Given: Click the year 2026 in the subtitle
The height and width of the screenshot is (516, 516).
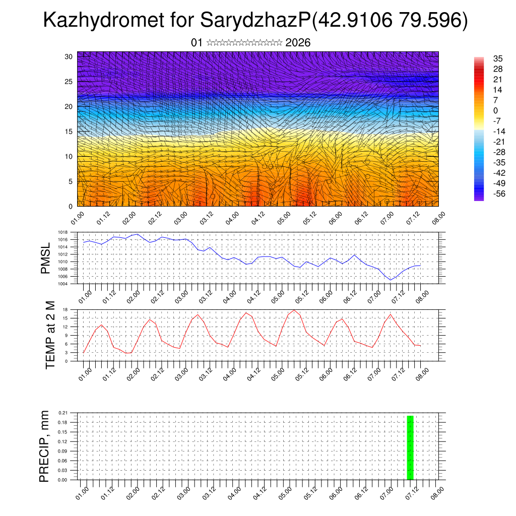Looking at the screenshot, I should tap(298, 43).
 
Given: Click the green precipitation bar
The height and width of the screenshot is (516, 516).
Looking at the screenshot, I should tap(410, 447).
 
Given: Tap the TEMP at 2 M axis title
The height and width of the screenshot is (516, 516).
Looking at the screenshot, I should tap(50, 335).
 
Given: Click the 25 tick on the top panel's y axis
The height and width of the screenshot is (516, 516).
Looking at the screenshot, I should tap(69, 81).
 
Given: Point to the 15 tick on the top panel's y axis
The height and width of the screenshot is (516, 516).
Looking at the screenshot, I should tap(69, 131).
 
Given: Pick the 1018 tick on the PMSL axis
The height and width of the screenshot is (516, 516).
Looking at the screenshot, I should tap(63, 232).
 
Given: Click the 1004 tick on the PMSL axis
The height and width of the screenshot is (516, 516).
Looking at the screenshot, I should tap(63, 284).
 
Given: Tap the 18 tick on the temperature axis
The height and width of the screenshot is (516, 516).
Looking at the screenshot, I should tap(66, 309).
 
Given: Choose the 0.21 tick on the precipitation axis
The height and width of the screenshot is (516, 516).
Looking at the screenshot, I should tap(62, 413).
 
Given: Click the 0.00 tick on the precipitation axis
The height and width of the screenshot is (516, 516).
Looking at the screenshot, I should tap(62, 480).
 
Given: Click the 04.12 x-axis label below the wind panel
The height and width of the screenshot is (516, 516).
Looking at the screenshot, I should tap(258, 218).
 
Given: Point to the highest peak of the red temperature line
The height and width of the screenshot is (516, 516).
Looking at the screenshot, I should tap(294, 310).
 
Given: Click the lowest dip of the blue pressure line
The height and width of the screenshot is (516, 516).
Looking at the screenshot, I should tap(390, 280).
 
